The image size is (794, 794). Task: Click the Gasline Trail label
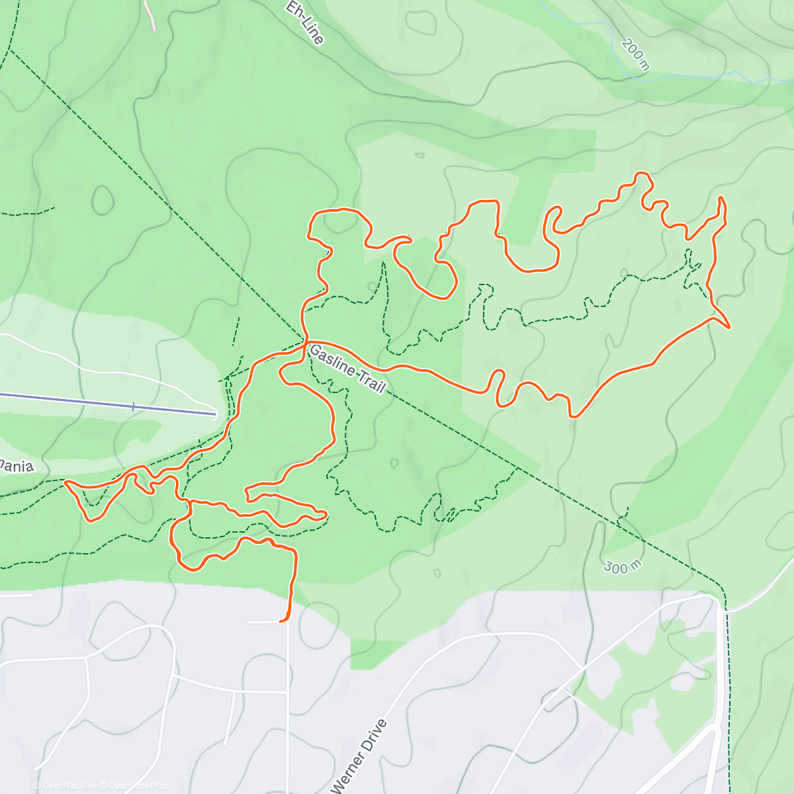click(x=347, y=369)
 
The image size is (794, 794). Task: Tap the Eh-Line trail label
click(x=305, y=22)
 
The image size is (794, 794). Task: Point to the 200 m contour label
click(x=636, y=54)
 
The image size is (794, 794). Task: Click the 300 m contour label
click(x=622, y=567)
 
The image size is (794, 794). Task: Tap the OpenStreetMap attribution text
click(x=138, y=785)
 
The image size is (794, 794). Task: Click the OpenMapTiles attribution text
click(x=69, y=785)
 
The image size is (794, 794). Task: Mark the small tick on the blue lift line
click(x=133, y=406)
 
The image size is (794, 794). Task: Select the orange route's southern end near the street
click(x=281, y=621)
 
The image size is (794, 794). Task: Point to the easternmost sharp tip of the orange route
click(x=729, y=327)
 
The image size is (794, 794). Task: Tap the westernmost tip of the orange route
click(x=66, y=484)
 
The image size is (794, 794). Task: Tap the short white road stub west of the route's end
click(x=263, y=622)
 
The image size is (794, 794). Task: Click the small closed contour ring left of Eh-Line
click(x=103, y=200)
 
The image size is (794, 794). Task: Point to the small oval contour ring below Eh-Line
click(x=421, y=22)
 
